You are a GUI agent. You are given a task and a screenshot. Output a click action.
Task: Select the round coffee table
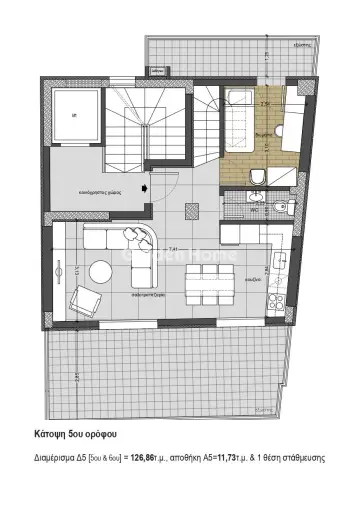coord(101,271)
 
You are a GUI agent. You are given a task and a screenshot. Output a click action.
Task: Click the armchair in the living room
coord(88,298)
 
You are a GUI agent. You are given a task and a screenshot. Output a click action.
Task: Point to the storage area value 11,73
coord(244,457)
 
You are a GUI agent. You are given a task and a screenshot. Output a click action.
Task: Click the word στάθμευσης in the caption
coord(318,457)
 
